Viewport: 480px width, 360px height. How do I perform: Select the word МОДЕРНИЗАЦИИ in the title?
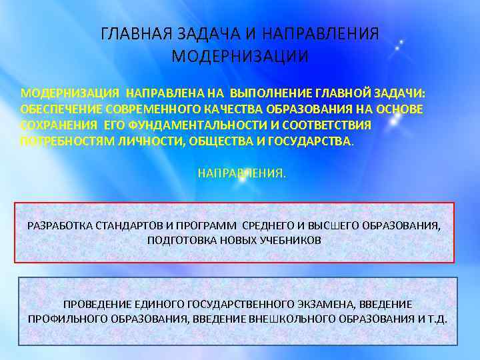coord(240,56)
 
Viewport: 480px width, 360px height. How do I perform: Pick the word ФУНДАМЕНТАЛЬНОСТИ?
coord(185,125)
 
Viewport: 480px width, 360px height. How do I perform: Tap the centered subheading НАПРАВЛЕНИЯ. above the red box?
coord(241,173)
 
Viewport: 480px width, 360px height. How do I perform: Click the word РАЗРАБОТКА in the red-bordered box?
coord(58,225)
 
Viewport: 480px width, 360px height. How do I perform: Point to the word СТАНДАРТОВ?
coord(127,225)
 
